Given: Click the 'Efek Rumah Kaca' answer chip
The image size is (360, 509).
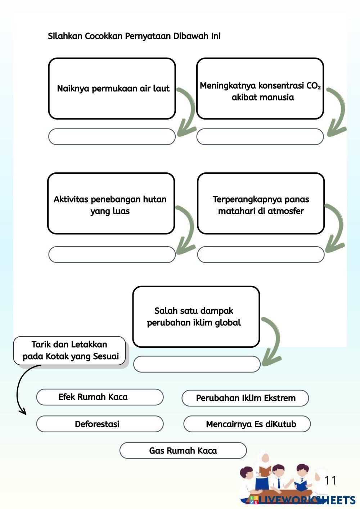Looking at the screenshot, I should pyautogui.click(x=100, y=397).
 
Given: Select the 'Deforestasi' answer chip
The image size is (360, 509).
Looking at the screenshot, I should pyautogui.click(x=100, y=424).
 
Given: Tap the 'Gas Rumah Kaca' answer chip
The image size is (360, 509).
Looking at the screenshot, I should pyautogui.click(x=183, y=451).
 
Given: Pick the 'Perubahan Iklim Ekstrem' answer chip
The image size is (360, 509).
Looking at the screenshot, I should pyautogui.click(x=245, y=398).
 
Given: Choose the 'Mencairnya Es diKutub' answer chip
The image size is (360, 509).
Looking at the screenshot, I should pyautogui.click(x=247, y=424).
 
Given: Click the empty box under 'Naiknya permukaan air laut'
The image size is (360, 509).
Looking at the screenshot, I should pyautogui.click(x=112, y=137).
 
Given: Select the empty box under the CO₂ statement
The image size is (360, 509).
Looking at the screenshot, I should pyautogui.click(x=260, y=137).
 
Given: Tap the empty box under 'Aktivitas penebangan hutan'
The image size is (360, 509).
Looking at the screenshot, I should pyautogui.click(x=112, y=254).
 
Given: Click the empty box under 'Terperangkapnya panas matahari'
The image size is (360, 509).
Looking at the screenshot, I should pyautogui.click(x=261, y=254).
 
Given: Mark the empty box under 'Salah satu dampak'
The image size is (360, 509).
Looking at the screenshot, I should pyautogui.click(x=197, y=364).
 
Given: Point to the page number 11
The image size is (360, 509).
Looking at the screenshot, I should pyautogui.click(x=330, y=480).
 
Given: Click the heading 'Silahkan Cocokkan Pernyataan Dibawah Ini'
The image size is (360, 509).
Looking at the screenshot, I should pyautogui.click(x=134, y=36).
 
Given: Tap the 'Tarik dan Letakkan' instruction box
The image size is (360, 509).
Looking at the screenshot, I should pyautogui.click(x=70, y=351).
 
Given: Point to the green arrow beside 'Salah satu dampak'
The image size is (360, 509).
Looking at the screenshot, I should pyautogui.click(x=274, y=342).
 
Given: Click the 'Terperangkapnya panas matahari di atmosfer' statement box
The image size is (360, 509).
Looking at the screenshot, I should pyautogui.click(x=261, y=204).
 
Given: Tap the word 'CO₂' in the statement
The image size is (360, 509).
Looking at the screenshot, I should pyautogui.click(x=313, y=86).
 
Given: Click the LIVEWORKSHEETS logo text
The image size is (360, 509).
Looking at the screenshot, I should pyautogui.click(x=306, y=500).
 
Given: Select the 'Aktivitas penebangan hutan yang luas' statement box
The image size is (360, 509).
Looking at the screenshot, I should pyautogui.click(x=111, y=204).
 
